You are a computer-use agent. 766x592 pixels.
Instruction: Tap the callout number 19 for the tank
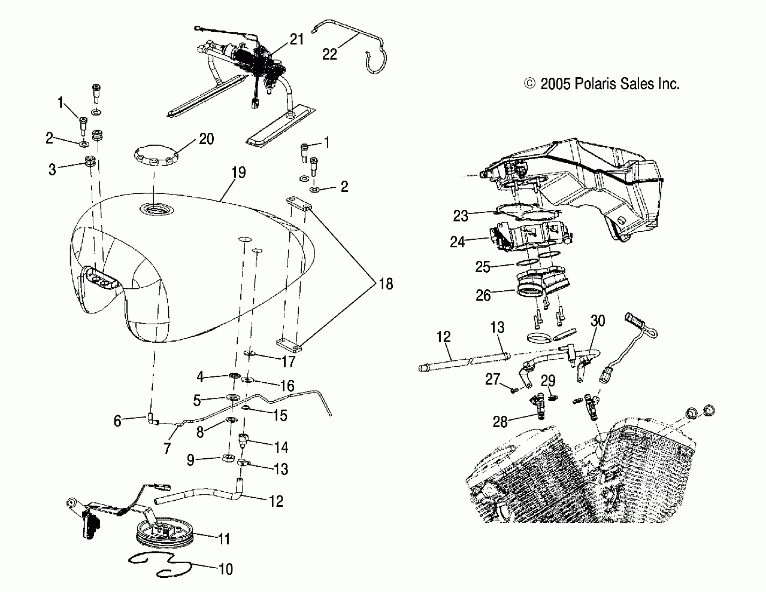point(238,173)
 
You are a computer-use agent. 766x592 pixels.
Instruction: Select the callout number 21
point(296,39)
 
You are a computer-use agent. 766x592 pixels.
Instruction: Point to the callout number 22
point(329,54)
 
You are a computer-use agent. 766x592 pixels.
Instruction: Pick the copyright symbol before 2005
point(529,84)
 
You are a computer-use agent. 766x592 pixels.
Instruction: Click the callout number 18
point(386,284)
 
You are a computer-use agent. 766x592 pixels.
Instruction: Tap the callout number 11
point(224,539)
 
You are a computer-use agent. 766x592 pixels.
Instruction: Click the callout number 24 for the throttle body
point(457,242)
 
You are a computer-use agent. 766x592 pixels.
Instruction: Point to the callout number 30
point(598,321)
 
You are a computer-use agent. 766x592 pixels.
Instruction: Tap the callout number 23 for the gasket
point(460,216)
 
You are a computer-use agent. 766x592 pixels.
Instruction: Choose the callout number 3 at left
point(52,170)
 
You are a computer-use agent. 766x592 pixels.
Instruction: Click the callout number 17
point(288,361)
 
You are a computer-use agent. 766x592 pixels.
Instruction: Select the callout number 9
point(190,460)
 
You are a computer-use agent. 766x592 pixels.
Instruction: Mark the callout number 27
point(492,379)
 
